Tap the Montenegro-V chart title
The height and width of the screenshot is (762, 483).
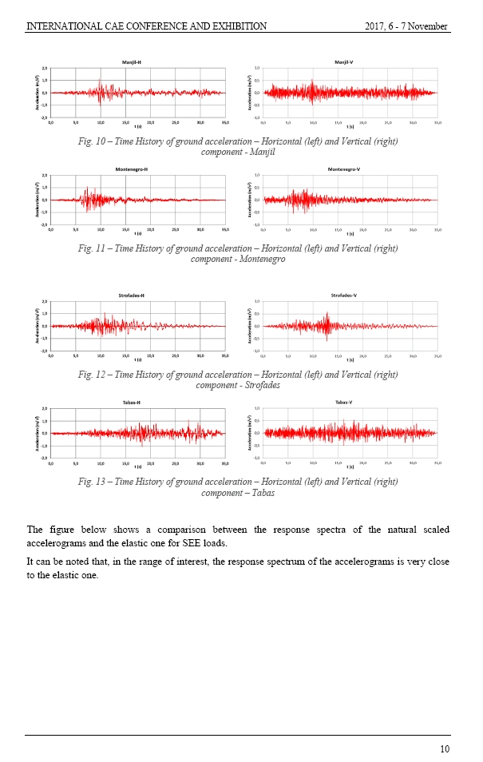click(x=344, y=169)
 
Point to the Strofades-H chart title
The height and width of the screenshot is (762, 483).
click(x=133, y=296)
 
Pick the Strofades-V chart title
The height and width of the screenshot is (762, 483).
click(x=344, y=296)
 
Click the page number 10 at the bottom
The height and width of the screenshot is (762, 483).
click(x=445, y=748)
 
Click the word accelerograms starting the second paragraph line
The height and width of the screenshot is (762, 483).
click(x=54, y=542)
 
